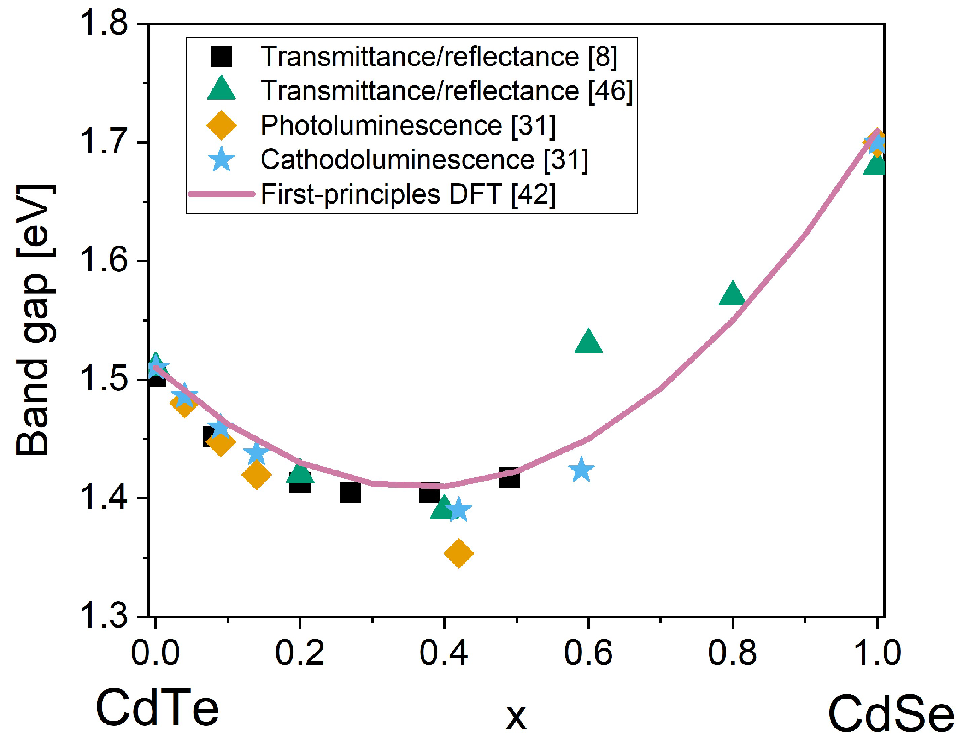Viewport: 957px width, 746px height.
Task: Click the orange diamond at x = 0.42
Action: point(458,553)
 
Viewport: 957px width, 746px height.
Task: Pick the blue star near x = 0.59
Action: point(581,470)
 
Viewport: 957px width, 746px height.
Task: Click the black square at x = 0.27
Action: point(351,492)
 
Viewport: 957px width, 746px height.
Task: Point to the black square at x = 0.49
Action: point(509,478)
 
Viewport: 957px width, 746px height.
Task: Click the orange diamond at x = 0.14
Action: point(256,475)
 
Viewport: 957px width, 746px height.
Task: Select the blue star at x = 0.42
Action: point(458,510)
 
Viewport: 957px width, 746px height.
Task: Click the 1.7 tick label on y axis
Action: point(104,141)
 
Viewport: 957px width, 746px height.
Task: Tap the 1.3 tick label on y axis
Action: point(104,615)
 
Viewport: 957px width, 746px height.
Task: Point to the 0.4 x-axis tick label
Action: point(443,653)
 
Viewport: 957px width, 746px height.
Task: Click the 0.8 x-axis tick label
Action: point(732,653)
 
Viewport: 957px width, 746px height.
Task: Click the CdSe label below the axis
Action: point(890,714)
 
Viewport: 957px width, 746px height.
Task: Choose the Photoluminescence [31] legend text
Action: point(408,125)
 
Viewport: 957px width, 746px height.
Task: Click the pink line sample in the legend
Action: point(222,194)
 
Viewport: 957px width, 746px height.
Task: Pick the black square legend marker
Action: point(222,56)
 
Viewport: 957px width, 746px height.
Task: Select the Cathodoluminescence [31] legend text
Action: point(424,159)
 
